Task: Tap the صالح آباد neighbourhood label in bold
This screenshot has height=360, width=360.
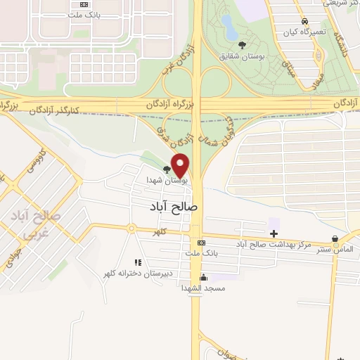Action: [174, 207]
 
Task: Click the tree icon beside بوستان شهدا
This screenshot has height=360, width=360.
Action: [167, 169]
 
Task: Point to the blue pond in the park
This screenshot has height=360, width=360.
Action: [229, 27]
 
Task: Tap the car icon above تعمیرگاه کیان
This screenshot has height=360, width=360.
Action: [303, 22]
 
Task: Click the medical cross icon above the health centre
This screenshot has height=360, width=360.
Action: [274, 233]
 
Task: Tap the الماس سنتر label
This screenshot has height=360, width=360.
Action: [334, 249]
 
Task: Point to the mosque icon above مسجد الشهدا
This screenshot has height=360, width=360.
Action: [203, 277]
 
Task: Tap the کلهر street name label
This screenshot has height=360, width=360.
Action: [161, 231]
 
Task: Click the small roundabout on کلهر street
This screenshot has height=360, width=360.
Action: [131, 228]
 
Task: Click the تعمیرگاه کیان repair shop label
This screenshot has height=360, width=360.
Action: [303, 32]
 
